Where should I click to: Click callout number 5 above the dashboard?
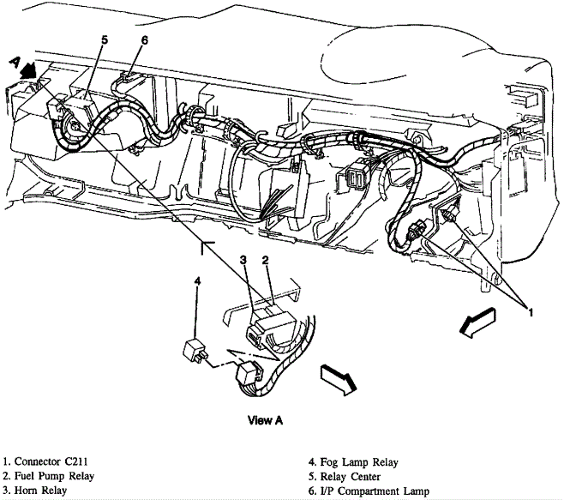[104, 39]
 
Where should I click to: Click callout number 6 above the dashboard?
[144, 39]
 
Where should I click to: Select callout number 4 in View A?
[197, 280]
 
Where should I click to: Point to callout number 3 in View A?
[243, 259]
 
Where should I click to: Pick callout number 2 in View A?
[266, 259]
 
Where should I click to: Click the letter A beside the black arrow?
[15, 61]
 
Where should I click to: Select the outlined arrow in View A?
[335, 378]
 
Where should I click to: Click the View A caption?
[265, 420]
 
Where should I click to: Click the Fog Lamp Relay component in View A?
[195, 350]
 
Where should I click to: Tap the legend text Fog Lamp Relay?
[357, 462]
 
